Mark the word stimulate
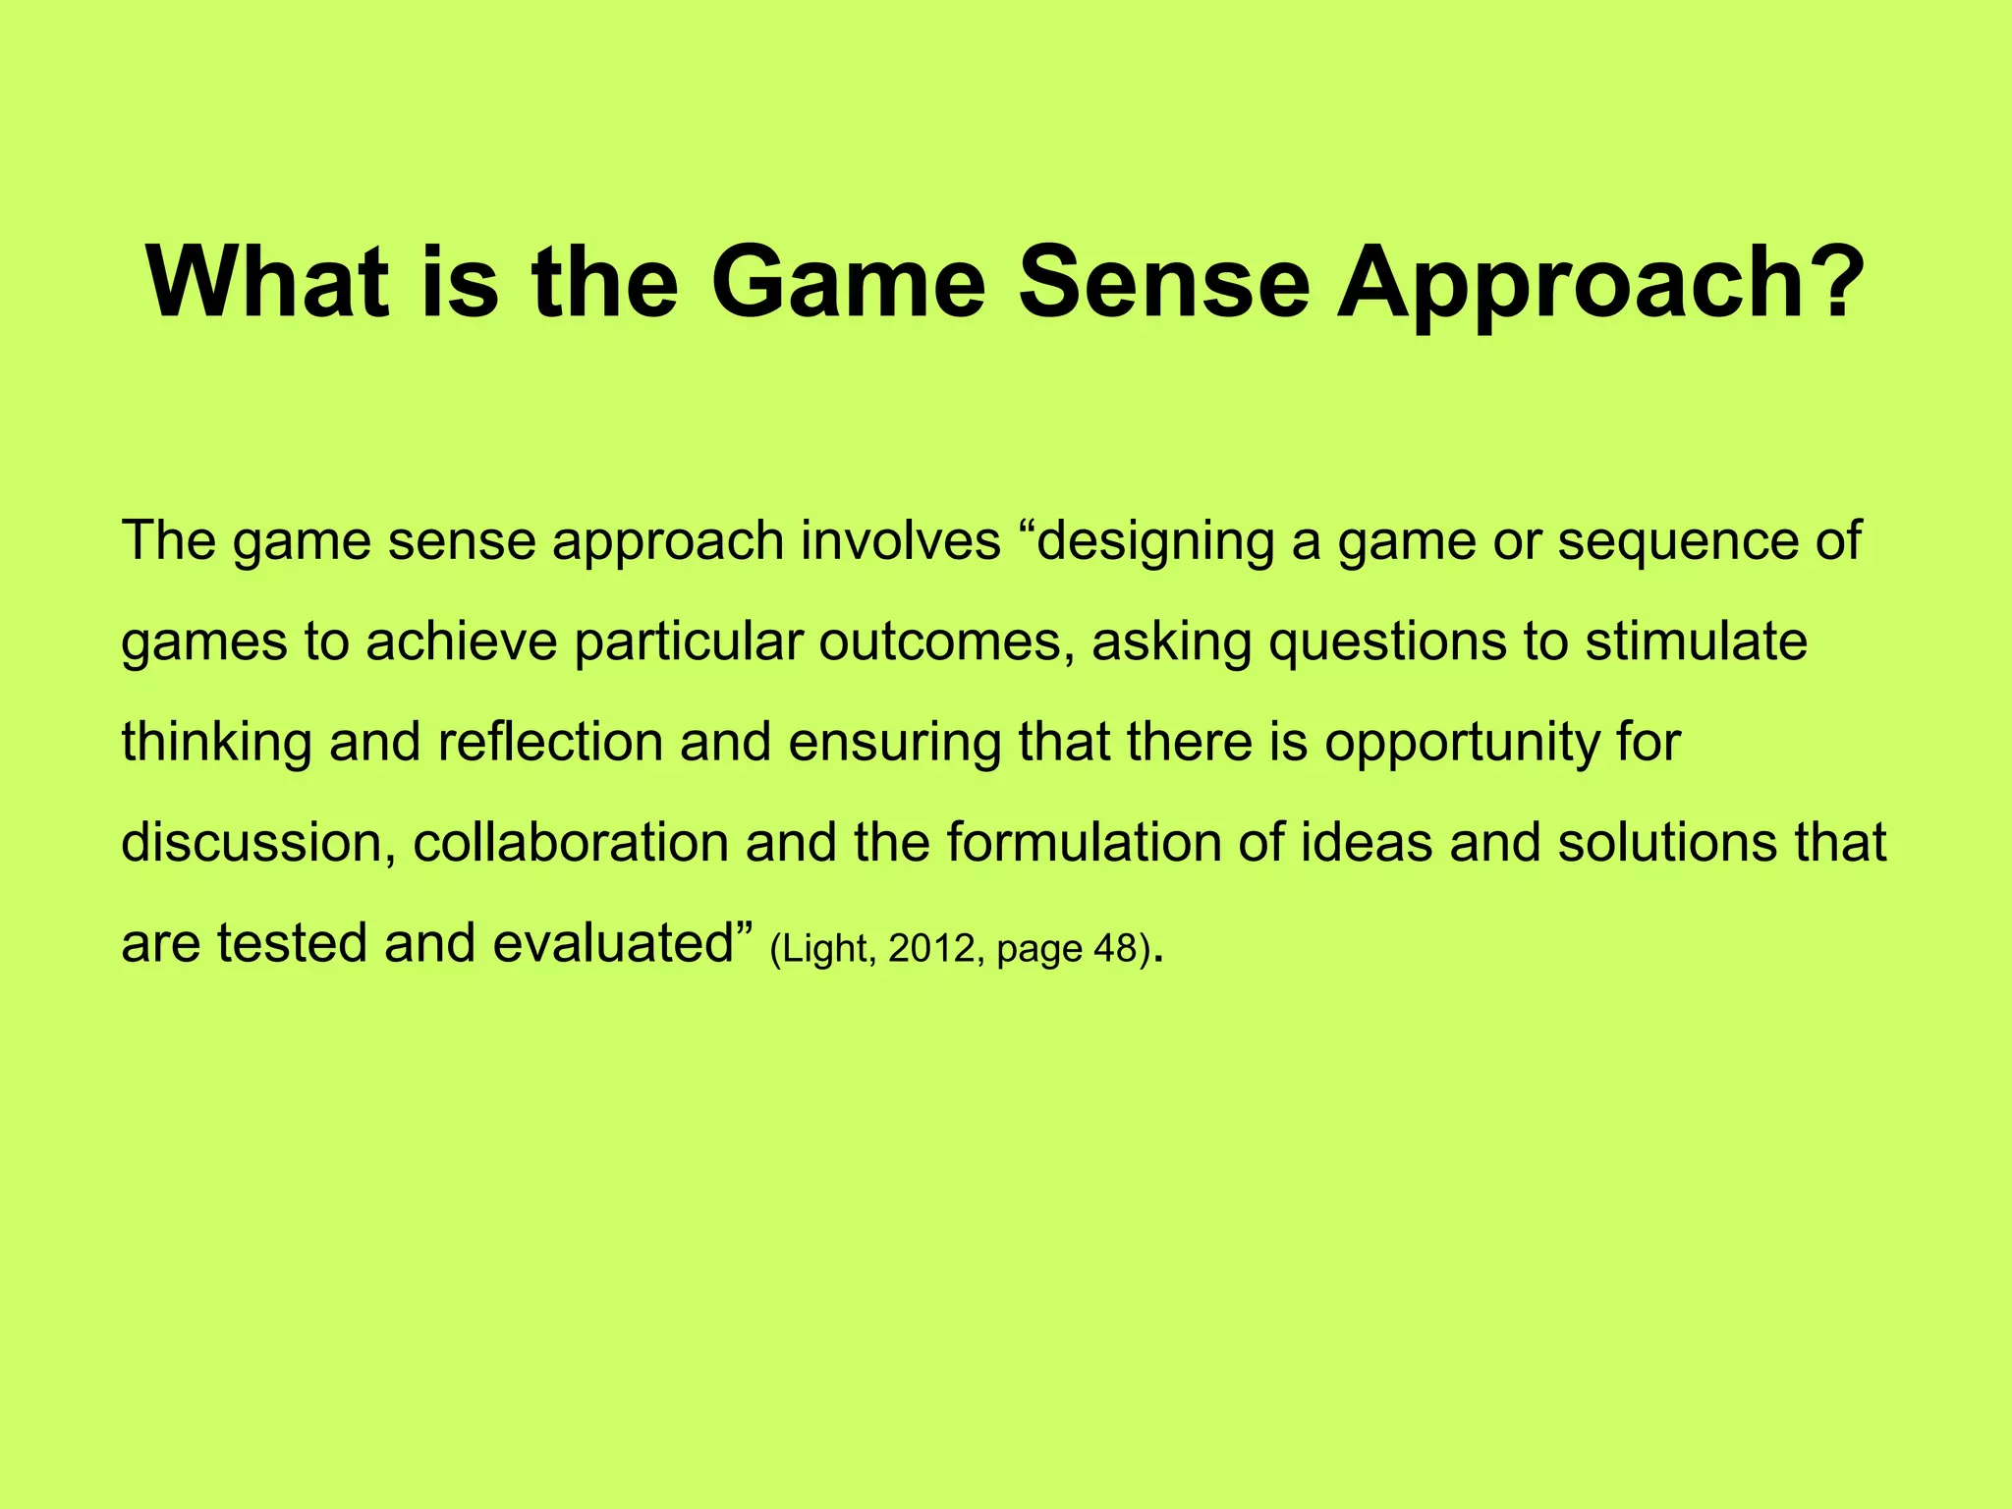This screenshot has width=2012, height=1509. point(1696,643)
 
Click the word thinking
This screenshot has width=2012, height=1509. point(216,744)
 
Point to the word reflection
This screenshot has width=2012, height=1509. point(550,743)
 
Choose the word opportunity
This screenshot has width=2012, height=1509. point(1463,744)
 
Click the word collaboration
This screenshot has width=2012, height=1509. point(571,843)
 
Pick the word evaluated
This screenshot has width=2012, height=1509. point(614,944)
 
